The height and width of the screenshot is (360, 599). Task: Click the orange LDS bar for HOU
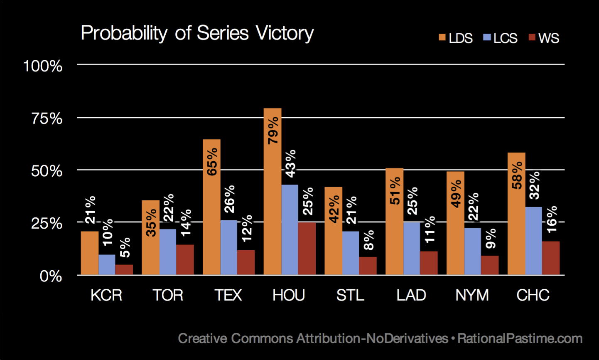click(x=272, y=191)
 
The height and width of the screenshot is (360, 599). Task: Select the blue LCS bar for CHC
click(x=533, y=241)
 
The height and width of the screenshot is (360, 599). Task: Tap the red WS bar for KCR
click(x=124, y=270)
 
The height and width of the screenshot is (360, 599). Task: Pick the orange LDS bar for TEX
click(x=211, y=207)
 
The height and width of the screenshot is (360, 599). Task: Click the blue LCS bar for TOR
click(x=168, y=252)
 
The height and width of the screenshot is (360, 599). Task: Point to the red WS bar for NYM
click(x=490, y=265)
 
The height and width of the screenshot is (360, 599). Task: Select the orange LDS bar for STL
click(x=334, y=231)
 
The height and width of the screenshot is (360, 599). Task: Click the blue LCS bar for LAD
click(x=412, y=249)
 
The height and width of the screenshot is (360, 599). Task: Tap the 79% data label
click(x=273, y=131)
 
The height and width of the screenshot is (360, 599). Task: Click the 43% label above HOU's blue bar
click(x=290, y=163)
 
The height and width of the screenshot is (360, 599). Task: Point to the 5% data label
click(x=125, y=248)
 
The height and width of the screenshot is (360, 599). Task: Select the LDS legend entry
click(x=455, y=38)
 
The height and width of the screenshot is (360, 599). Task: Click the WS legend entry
click(x=544, y=38)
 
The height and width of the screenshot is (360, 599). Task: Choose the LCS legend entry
click(x=500, y=38)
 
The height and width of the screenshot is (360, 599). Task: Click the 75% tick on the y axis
click(x=47, y=118)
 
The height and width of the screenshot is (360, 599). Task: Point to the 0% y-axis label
click(x=51, y=276)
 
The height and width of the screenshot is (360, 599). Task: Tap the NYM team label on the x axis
click(x=472, y=295)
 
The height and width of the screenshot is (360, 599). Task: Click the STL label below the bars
click(x=350, y=295)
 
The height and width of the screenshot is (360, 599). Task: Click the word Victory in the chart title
click(x=285, y=34)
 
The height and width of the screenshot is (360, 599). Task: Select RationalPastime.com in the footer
click(x=520, y=338)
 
